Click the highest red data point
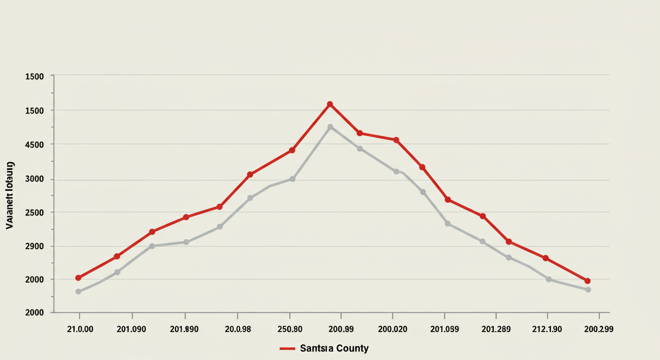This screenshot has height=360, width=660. coord(330,104)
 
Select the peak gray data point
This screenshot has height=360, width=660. coord(330,127)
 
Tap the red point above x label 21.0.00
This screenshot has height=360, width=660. coord(78,278)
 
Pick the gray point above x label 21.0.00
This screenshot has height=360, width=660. coord(78,292)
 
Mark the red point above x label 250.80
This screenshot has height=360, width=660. coord(292,150)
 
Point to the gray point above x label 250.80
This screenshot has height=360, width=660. coord(292,179)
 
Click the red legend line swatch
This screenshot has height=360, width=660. coord(287,349)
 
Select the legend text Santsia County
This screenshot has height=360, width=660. coord(334,349)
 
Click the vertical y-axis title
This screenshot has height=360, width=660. coord(10,195)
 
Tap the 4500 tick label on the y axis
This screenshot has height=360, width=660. coord(34,145)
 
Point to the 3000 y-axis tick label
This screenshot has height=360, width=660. coord(34,180)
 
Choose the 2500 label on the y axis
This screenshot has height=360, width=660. coord(34,213)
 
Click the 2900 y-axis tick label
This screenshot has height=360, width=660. coord(34,247)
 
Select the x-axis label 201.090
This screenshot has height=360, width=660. coord(131,329)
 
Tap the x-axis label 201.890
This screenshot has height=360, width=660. coord(184,329)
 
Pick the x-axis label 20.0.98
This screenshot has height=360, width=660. coord(238,329)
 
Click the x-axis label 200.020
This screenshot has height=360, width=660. coord(392,329)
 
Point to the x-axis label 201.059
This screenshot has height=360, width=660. coord(444,329)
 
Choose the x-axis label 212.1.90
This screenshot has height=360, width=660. coord(547,329)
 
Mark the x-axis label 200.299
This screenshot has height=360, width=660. coord(599,329)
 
